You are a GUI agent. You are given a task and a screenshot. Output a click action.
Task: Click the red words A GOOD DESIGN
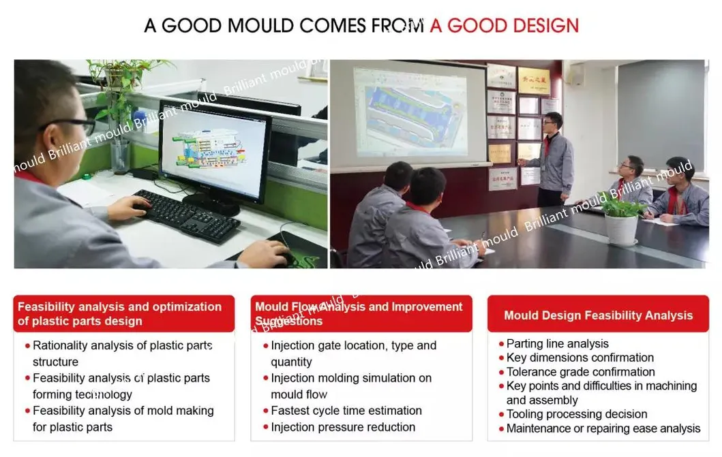(504, 26)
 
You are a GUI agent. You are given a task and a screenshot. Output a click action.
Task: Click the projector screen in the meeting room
(409, 112)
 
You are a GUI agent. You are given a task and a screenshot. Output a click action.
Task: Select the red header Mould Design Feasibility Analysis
(598, 315)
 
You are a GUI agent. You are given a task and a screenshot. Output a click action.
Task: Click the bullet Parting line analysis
(557, 344)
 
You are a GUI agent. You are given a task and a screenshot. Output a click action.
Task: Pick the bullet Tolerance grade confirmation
(580, 372)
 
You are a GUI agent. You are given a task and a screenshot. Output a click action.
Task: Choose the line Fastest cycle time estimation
(346, 411)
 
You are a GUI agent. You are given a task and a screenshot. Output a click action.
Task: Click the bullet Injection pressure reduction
(342, 427)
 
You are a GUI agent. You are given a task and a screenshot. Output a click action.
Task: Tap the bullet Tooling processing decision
(576, 414)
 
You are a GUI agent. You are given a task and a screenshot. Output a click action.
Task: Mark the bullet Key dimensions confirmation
(580, 358)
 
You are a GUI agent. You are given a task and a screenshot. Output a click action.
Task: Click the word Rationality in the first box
(60, 346)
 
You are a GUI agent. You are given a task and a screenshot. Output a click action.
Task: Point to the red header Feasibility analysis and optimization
(119, 313)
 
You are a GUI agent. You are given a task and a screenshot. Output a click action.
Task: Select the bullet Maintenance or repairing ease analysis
(603, 428)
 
